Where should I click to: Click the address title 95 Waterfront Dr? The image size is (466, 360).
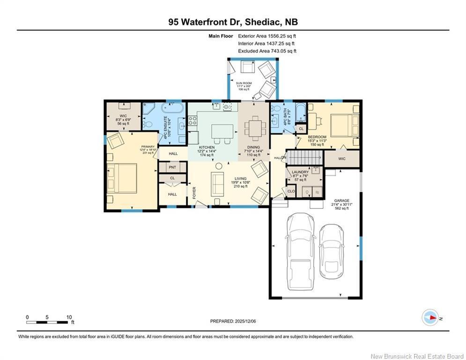(x=233, y=22)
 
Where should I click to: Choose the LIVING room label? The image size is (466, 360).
(x=241, y=178)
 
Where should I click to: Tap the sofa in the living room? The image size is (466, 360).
(x=217, y=184)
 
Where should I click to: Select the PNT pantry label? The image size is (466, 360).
(x=172, y=167)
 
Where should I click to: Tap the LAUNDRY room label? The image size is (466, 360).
(x=300, y=172)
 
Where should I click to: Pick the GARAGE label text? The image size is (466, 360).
(x=341, y=200)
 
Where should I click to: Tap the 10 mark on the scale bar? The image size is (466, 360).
(x=69, y=317)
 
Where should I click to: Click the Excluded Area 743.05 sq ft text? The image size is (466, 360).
(x=267, y=51)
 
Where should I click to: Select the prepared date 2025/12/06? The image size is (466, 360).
(x=233, y=321)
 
